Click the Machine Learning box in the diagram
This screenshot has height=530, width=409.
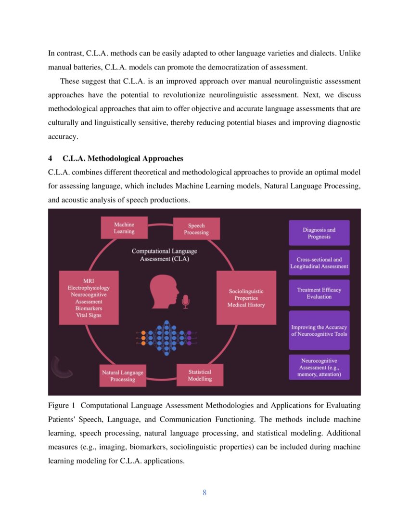point(124,228)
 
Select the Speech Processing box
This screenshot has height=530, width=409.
point(196,229)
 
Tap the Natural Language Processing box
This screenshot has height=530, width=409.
point(123,376)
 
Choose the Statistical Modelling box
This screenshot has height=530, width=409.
point(200,375)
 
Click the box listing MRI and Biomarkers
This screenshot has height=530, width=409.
point(89,298)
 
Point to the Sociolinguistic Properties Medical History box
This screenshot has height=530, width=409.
point(246,298)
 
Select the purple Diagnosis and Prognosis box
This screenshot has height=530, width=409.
point(319,233)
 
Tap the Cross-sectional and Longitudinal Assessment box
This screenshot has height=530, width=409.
point(319,263)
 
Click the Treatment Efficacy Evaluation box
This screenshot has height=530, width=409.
point(319,293)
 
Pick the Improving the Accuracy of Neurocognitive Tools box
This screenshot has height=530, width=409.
point(319,331)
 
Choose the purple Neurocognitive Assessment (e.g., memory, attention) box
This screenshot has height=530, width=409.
point(319,367)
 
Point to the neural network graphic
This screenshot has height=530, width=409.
point(166,337)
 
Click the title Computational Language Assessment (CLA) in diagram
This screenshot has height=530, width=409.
point(164,255)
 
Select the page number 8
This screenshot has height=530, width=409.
point(204,492)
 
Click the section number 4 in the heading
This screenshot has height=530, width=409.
point(50,159)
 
